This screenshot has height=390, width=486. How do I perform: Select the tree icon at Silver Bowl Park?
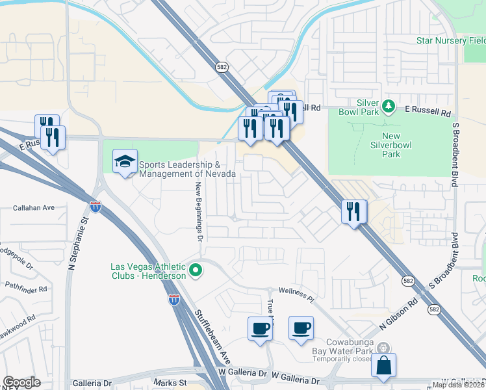389,105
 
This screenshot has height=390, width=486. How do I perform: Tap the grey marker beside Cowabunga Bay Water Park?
383,348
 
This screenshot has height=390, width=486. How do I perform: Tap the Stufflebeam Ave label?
212,337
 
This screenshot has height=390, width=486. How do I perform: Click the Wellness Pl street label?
296,294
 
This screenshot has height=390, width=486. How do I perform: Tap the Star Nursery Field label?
451,40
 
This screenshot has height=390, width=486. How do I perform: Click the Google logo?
21,382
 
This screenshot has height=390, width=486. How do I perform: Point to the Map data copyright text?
459,385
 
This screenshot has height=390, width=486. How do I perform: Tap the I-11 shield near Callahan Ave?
96,207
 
